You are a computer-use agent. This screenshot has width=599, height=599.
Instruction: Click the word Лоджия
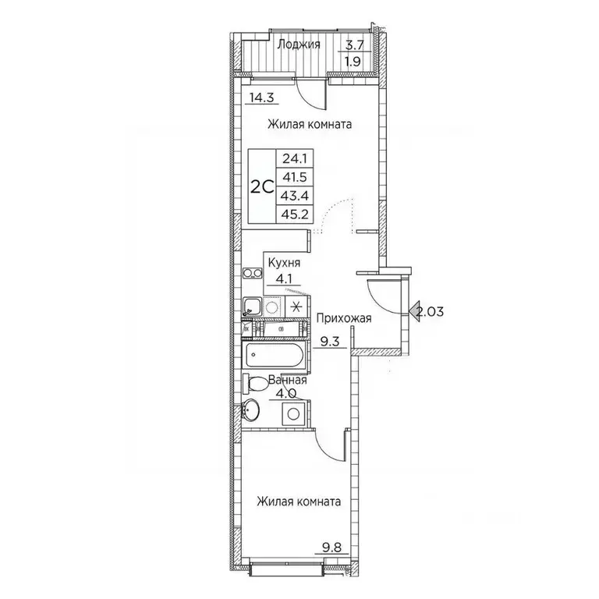point(299,45)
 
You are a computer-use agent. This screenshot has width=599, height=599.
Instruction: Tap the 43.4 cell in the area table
point(295,196)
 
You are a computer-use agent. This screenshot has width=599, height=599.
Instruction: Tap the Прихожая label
point(343,318)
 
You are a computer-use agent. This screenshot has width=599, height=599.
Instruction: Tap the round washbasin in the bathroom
point(250,409)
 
